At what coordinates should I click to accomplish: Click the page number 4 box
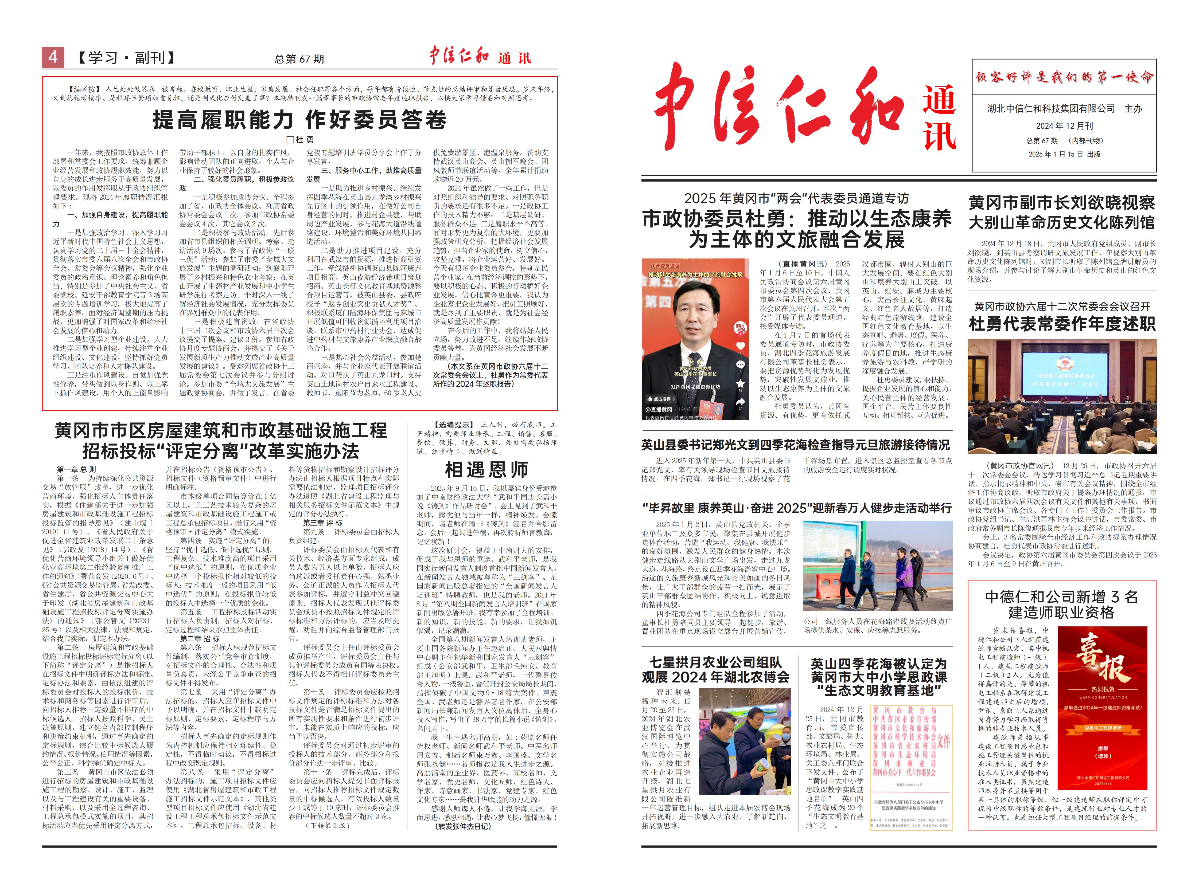pos(53,57)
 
